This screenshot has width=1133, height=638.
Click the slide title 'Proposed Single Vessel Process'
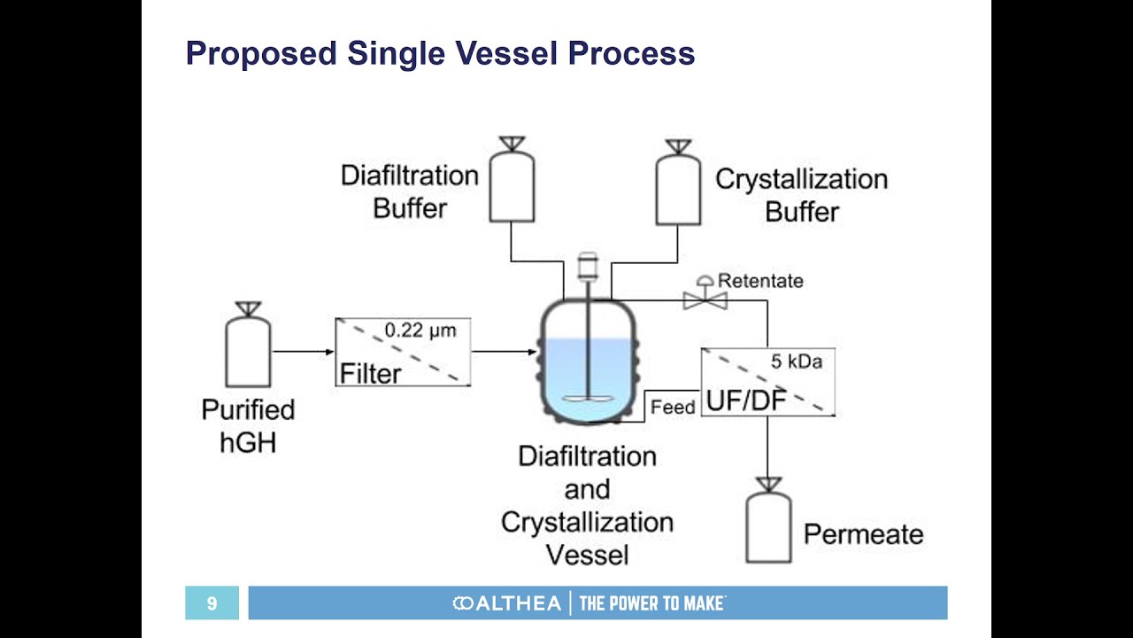pos(440,54)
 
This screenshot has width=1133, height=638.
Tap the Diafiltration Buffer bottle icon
pos(512,184)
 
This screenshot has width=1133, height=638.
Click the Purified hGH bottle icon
pos(248,350)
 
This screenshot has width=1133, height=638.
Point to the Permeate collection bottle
pos(768,525)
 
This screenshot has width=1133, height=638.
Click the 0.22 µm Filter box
pos(403,352)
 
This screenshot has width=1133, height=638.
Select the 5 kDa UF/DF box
pos(767,382)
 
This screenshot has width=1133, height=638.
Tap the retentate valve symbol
pos(705,297)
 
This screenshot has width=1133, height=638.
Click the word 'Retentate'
pos(760,281)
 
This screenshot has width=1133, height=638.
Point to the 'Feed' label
pos(673,408)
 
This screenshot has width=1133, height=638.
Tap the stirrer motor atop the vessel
pos(587,266)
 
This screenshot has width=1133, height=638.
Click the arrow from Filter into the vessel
pos(505,352)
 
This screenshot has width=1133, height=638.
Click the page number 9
pos(212,603)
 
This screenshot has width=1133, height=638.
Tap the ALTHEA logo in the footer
pos(506,603)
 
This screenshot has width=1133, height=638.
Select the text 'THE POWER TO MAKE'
pos(652,603)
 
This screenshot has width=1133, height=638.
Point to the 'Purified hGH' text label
pos(248,426)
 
